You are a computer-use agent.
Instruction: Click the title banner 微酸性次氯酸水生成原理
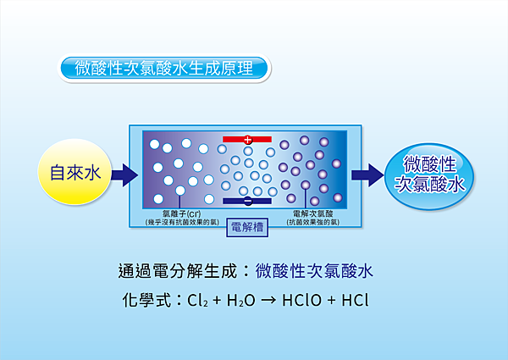coord(164,68)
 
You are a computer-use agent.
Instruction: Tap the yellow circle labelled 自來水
coord(75,172)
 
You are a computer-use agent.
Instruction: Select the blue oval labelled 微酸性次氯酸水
coord(429,175)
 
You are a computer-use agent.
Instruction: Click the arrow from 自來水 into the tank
coord(124,175)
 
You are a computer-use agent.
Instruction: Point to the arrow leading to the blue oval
coord(367,175)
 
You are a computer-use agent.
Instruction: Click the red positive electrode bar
coord(247,139)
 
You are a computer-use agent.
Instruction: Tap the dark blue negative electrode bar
coord(247,202)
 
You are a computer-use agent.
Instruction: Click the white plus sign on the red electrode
coord(247,140)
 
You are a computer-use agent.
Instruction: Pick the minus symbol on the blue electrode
coord(248,202)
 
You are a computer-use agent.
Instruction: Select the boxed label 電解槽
coord(247,227)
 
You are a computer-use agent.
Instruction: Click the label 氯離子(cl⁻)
coord(182,213)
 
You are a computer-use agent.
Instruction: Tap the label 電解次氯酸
coord(313,213)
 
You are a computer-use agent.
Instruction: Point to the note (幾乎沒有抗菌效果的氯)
coord(182,222)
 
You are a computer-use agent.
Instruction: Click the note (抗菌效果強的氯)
coord(313,222)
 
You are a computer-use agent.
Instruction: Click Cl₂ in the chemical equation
coord(197,301)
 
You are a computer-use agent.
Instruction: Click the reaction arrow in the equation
coord(268,301)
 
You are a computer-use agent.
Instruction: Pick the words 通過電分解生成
coord(178,271)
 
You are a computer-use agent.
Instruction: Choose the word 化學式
coord(146,301)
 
